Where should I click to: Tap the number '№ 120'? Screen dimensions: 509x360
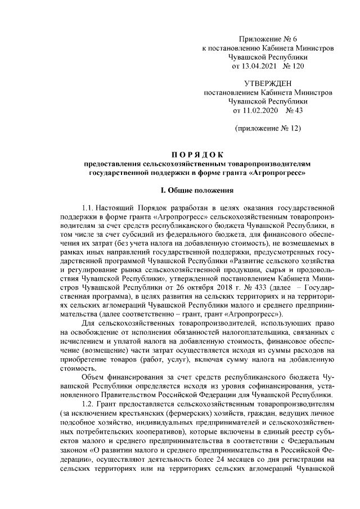point(294,67)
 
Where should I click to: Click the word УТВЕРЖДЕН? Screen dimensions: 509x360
point(267,83)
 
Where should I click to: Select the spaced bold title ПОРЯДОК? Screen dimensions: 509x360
point(197,154)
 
